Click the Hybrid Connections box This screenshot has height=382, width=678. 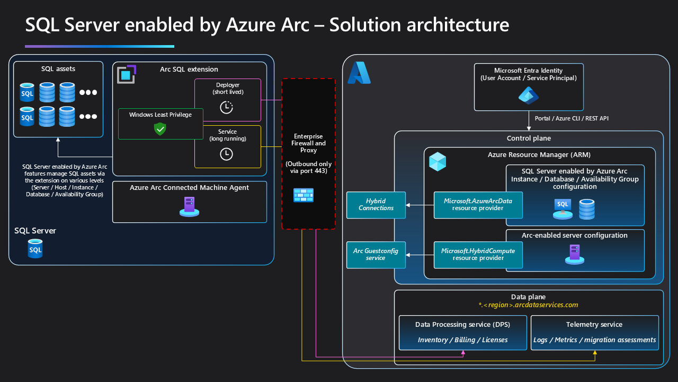point(376,205)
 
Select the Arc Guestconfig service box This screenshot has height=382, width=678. point(376,255)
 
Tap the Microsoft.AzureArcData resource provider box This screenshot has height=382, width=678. point(478,205)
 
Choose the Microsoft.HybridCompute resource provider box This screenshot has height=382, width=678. point(478,255)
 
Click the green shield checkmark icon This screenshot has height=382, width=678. point(160,128)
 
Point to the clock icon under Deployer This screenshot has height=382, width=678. point(226,107)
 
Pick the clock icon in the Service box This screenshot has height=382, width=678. point(226,154)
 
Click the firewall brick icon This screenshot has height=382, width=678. point(304,195)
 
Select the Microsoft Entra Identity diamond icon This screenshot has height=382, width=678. point(528,95)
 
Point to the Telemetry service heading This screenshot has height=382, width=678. point(594,324)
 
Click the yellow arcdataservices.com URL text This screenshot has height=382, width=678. point(528,305)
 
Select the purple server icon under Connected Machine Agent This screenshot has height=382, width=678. point(190,207)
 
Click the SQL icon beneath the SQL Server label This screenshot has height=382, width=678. point(35,248)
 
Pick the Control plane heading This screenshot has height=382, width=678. point(529,138)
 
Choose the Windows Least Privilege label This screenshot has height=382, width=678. point(160,115)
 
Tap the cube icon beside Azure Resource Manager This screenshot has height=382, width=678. point(438,161)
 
